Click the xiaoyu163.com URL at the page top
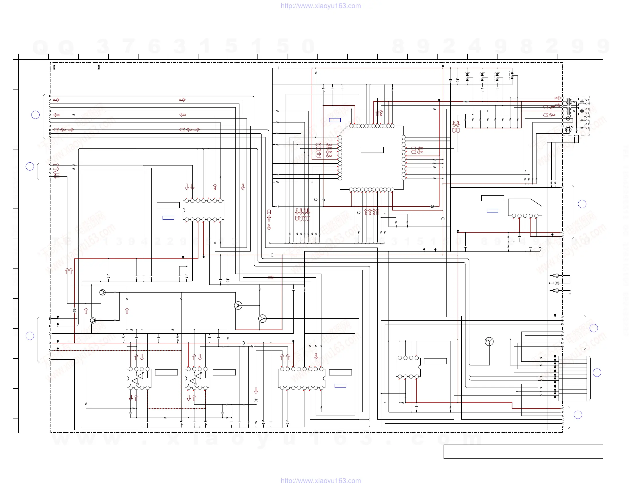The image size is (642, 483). pos(320,6)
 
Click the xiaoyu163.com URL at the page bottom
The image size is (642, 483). pos(320,480)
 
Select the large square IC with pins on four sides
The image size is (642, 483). pos(372,158)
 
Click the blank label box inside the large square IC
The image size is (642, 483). pos(372,150)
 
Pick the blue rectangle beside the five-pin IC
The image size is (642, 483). pos(492,211)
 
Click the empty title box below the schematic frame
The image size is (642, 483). pos(523,451)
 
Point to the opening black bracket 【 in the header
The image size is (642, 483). pos(54,67)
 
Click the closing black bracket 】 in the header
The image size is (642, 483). pos(99,67)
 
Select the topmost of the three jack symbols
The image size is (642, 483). pos(556,275)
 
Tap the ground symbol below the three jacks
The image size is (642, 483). pos(570,294)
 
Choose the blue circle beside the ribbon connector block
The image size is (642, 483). pos(597,372)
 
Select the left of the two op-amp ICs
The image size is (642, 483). pos(139,378)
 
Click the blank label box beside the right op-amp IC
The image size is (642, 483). pos(224,372)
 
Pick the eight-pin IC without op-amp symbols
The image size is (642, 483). pos(408,367)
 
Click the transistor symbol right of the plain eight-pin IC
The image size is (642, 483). pos(489,342)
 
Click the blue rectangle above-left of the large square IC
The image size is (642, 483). pos(335,120)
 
